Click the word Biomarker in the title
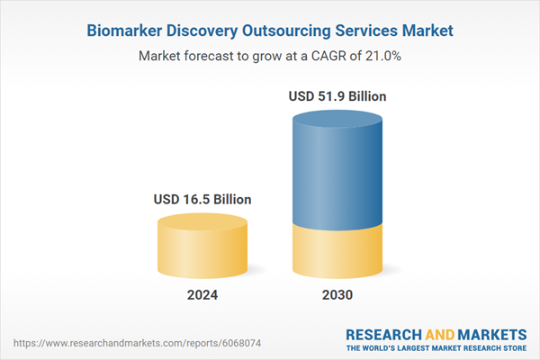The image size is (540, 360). point(126,31)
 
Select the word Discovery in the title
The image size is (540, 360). point(206,31)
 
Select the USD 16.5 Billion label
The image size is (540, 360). point(202,199)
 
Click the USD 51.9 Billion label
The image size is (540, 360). point(338,95)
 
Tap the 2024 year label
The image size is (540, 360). point(202,294)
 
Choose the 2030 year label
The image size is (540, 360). point(338,294)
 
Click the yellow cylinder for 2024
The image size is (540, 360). point(202,252)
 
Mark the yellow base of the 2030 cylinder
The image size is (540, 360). point(338,252)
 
